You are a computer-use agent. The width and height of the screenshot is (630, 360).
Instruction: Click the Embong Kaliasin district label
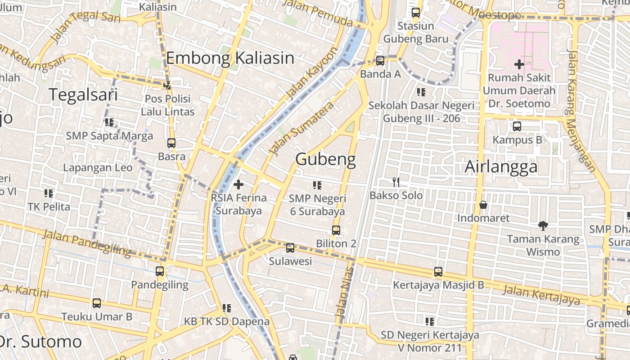click(230, 58)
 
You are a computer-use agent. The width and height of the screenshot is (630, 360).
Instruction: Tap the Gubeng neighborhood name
click(325, 159)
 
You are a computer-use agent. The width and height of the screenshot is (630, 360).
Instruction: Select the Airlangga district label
click(501, 166)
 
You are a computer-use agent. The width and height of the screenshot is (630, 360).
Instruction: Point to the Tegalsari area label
click(83, 95)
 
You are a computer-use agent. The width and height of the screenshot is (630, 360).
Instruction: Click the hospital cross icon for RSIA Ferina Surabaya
click(238, 184)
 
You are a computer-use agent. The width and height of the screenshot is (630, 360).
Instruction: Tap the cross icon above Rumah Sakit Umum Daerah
click(519, 64)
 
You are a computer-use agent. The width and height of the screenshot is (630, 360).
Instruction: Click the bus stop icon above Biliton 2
click(336, 230)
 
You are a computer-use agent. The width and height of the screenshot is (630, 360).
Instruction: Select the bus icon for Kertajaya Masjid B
click(438, 272)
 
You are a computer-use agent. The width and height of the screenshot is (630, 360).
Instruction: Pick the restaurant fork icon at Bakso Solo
click(396, 182)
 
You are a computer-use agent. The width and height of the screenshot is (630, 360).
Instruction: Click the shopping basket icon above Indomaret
click(483, 205)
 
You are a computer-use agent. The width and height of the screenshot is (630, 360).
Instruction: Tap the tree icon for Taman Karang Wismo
click(543, 225)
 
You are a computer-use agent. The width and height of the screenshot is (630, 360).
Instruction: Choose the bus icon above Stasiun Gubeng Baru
click(416, 13)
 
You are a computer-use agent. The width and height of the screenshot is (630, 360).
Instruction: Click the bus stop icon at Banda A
click(380, 60)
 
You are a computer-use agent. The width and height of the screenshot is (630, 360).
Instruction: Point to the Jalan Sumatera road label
click(301, 128)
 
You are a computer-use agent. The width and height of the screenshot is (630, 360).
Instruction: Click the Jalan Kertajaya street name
click(541, 294)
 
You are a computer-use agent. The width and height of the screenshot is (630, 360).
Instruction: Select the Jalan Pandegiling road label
click(86, 243)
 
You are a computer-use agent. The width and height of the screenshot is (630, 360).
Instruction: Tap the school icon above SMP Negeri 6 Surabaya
click(317, 185)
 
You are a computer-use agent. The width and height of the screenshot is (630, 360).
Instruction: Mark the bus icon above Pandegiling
click(160, 271)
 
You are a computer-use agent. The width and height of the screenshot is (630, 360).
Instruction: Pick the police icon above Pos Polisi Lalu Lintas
click(167, 85)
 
